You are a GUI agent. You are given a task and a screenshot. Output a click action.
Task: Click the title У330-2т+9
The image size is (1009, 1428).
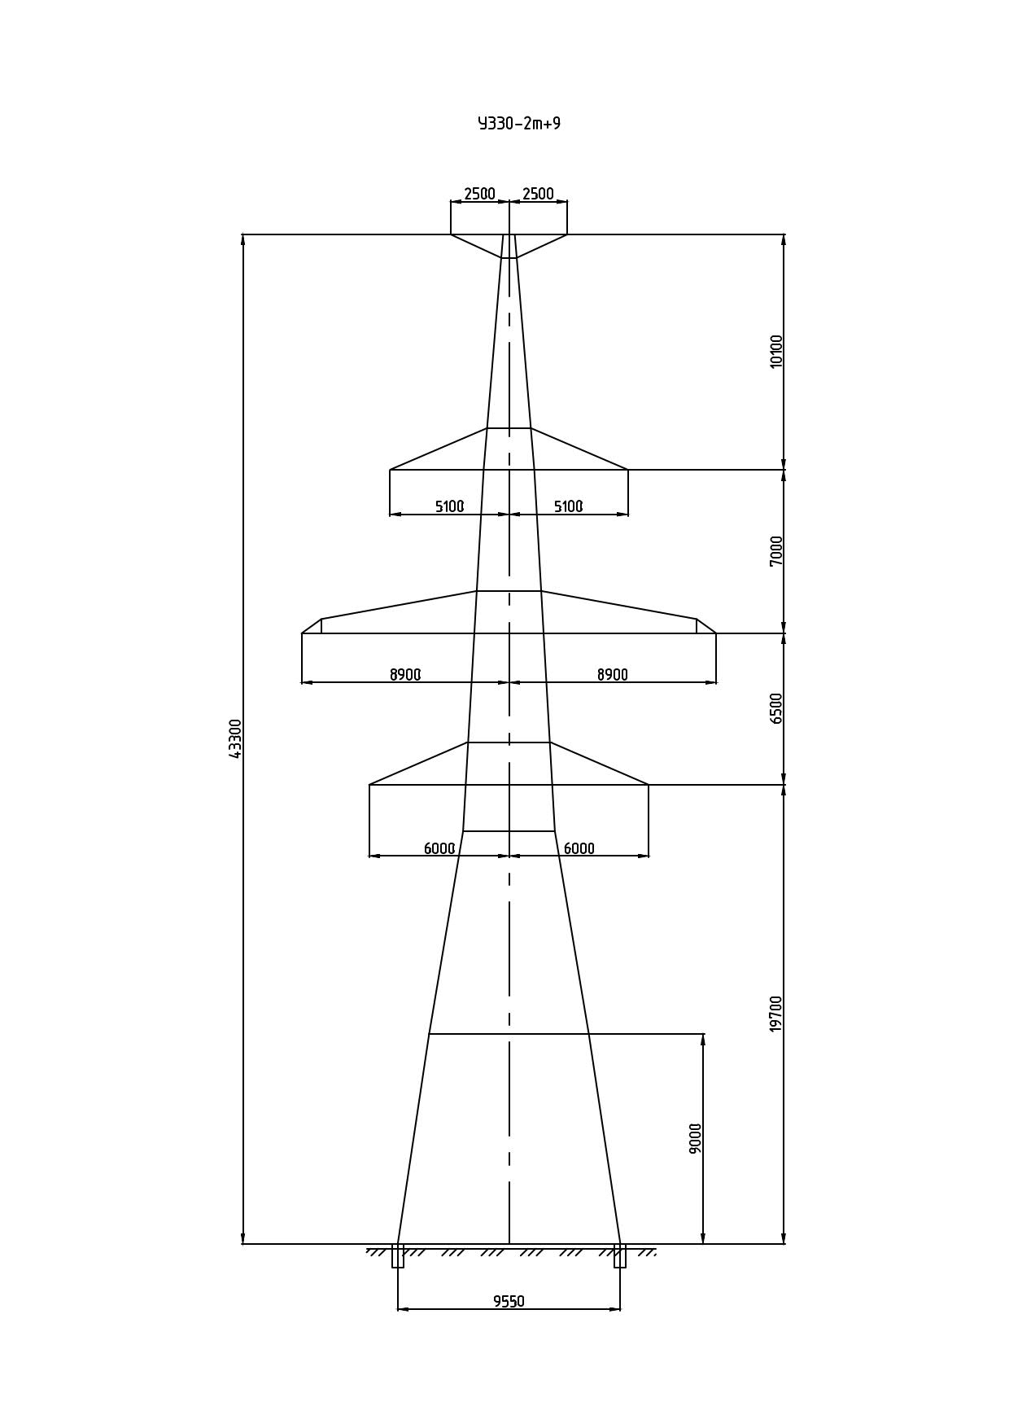519,124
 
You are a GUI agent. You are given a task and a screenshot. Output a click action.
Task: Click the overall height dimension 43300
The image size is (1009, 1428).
235,738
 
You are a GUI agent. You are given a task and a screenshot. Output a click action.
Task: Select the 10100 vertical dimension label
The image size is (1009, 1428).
776,351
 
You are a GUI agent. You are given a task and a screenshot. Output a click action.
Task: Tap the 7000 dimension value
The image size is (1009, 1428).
776,551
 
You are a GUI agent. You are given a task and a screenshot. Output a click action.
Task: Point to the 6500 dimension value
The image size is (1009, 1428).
776,708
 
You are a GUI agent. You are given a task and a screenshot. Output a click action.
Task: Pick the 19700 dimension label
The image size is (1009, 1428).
776,1014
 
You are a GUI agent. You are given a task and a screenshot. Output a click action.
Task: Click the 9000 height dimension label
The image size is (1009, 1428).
695,1138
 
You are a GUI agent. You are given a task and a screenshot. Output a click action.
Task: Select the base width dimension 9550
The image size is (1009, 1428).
509,1301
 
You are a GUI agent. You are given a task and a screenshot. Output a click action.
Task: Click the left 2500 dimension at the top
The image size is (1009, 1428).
479,194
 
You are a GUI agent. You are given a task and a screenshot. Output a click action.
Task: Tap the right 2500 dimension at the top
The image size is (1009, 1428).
538,194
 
